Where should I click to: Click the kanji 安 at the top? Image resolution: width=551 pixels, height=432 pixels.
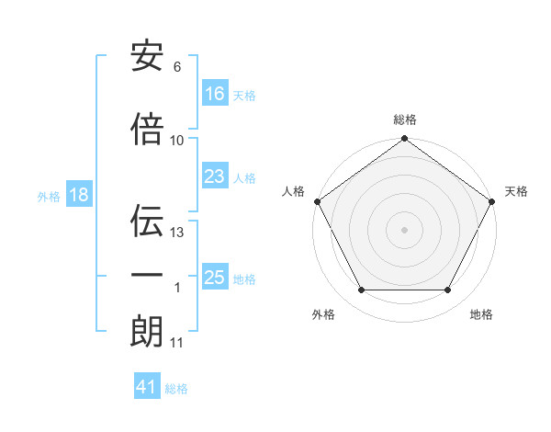click(147, 57)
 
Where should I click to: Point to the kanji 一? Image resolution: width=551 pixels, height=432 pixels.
click(147, 276)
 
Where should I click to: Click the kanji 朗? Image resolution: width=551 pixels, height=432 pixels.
click(147, 331)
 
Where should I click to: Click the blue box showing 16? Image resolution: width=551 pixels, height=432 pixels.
click(215, 93)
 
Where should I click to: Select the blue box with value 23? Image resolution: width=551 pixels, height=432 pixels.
click(215, 176)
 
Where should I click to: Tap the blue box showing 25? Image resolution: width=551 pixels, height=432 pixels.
click(215, 278)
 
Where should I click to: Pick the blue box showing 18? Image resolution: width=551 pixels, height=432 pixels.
click(78, 196)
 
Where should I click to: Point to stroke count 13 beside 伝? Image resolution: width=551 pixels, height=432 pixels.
click(178, 233)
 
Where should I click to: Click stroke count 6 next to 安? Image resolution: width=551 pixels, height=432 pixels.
click(177, 67)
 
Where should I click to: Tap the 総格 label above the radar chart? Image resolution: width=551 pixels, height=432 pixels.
click(405, 119)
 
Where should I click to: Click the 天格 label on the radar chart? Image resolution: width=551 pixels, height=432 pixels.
click(516, 191)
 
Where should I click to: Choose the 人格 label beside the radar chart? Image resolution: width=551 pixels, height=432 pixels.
click(294, 191)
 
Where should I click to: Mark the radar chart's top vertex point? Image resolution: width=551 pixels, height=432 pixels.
click(405, 139)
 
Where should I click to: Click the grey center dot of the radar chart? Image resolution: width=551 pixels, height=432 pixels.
click(405, 229)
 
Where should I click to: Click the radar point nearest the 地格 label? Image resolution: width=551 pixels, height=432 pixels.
click(448, 290)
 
